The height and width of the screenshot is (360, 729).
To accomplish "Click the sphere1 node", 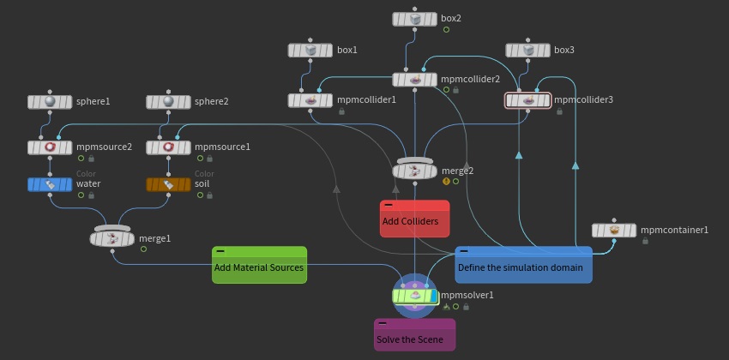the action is [50, 102].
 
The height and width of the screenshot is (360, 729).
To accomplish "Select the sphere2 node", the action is [168, 102].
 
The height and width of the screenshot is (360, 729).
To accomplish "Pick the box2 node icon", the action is [415, 19].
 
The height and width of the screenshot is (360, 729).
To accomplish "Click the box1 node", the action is [310, 51].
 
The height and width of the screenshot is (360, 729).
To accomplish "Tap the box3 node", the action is [527, 51].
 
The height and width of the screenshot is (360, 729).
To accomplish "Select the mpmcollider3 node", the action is [527, 100].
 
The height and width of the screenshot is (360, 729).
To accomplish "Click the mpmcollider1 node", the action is [310, 100].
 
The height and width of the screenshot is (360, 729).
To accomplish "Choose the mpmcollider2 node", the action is [415, 80].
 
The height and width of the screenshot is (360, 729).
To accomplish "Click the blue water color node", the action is [50, 184].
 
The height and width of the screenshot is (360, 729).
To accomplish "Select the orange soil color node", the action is [168, 184].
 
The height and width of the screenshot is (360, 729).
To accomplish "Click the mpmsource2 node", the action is [50, 147].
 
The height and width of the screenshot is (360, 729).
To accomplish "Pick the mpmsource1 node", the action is [168, 147].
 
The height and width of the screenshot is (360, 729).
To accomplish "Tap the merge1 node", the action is [112, 237].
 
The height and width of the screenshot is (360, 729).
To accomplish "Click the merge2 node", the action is [415, 169].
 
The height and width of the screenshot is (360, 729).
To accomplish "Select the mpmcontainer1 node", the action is [614, 231].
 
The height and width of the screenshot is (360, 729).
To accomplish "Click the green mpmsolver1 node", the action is [415, 296].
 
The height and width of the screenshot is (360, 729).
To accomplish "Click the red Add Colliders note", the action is [415, 219].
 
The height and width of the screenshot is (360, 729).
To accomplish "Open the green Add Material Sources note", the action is [259, 265].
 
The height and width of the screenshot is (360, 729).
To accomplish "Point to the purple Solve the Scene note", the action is [415, 334].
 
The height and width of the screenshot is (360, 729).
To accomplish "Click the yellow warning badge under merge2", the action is [446, 181].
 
